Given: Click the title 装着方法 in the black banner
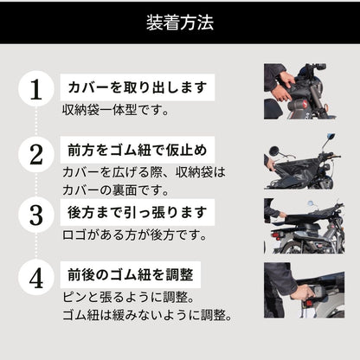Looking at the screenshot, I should [179, 22].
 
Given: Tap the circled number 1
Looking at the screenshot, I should [35, 89].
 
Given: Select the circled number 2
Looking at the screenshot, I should [35, 155].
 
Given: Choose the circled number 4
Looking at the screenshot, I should [35, 280].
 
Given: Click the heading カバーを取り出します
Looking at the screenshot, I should [138, 87].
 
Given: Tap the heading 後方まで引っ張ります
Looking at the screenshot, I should [138, 210].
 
